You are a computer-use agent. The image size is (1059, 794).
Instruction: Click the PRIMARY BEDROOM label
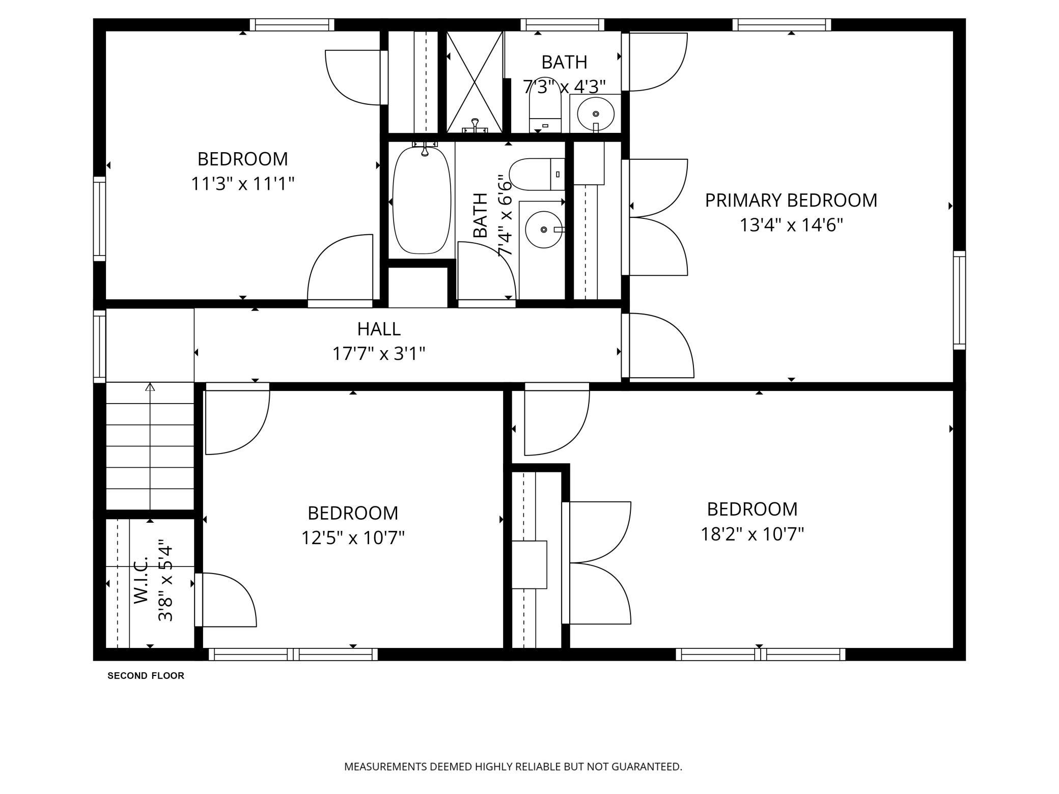[x=791, y=201]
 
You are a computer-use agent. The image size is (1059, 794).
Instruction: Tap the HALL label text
[x=379, y=329]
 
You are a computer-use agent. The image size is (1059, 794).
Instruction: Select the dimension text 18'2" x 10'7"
[x=752, y=534]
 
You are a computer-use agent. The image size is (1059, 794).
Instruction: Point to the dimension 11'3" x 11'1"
[x=242, y=184]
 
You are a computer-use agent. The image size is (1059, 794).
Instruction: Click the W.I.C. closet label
[x=142, y=580]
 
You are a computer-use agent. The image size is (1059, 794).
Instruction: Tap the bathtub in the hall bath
[x=422, y=200]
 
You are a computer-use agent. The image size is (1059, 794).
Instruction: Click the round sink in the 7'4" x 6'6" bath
[x=544, y=230]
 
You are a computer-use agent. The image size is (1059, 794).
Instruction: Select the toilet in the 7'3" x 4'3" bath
[x=545, y=109]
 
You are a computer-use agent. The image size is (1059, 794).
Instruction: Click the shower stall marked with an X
[x=475, y=82]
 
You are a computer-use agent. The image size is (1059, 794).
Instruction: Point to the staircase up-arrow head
[x=150, y=387]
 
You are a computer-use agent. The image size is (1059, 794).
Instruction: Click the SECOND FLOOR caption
[x=146, y=676]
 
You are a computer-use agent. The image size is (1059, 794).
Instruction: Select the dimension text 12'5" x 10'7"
[x=353, y=538]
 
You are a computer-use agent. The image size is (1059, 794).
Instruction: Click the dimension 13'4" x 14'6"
[x=791, y=225]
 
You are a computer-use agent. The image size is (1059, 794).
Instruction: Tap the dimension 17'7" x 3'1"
[x=379, y=354]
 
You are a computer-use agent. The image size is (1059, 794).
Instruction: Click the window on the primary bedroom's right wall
[x=959, y=300]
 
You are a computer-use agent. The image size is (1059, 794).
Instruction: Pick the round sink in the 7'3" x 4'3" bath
[x=596, y=114]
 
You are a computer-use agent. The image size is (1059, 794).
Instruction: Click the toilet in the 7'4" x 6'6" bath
[x=537, y=174]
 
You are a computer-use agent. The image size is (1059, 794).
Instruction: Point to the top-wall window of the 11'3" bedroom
[x=292, y=25]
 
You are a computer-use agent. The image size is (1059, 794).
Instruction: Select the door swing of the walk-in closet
[x=226, y=600]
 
